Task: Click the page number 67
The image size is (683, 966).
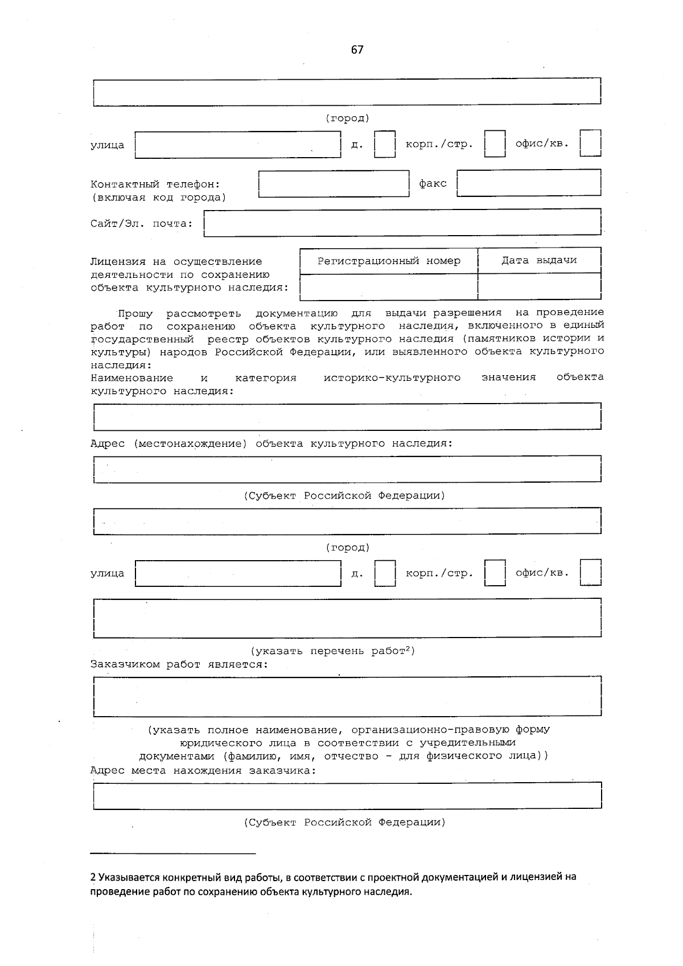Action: coord(357,50)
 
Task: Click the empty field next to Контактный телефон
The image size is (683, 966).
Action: coord(334,184)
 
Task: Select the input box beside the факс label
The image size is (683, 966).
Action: coord(529,183)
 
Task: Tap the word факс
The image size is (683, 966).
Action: coord(433,183)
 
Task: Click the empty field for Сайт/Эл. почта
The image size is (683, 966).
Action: coord(402,223)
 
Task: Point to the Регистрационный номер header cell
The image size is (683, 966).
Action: coord(389,261)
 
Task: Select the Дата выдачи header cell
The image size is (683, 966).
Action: coord(539,260)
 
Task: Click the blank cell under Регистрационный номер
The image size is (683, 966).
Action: coord(389,286)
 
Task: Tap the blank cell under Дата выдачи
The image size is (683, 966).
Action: coord(539,286)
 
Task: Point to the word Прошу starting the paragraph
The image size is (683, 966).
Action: coord(135,313)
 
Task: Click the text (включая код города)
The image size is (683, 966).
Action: coord(158,198)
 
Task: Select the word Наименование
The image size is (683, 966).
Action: coord(132,377)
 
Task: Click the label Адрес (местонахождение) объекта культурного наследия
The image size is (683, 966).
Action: coord(271,443)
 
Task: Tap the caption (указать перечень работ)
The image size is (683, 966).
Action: coord(333,651)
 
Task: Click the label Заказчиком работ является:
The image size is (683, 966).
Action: coord(179,664)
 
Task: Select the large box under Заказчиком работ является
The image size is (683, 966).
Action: coord(347,696)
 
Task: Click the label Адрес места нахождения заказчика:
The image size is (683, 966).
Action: coord(203,770)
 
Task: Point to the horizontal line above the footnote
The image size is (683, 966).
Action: coord(173,853)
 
